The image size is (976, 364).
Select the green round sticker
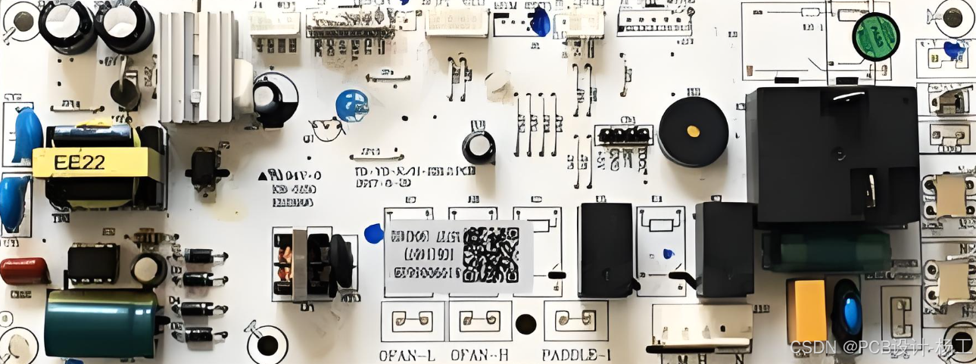coord(876,36)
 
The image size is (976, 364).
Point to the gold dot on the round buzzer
coord(693,131)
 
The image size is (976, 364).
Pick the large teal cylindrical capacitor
coord(101,323)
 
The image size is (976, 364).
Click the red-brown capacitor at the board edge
coord(24,270)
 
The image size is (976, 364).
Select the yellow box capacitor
coord(806,311)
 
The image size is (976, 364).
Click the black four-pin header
coord(623,136)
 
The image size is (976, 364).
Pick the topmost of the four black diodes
coord(204,257)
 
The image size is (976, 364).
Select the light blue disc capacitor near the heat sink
coord(351,104)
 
